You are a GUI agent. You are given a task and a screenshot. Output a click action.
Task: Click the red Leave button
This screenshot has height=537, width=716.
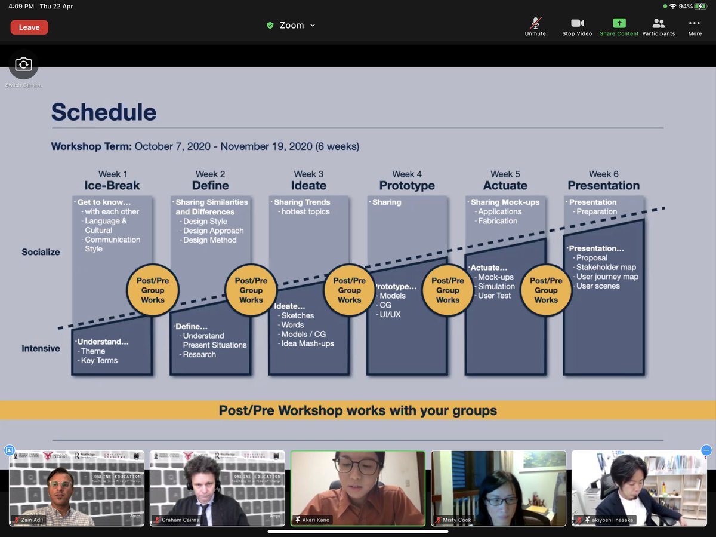29,27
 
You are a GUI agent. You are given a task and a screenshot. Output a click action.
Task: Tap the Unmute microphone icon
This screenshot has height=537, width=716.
535,23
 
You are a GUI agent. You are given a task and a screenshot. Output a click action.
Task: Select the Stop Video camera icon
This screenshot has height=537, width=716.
577,23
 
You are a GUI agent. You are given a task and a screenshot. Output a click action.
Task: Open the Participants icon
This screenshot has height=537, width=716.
658,23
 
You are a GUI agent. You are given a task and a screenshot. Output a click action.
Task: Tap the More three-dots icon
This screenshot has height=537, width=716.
695,23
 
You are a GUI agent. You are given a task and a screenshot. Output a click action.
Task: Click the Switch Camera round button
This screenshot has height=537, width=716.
23,65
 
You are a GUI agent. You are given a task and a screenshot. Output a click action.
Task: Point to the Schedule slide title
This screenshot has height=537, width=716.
104,112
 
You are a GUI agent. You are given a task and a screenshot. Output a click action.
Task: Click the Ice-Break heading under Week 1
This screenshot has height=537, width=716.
112,185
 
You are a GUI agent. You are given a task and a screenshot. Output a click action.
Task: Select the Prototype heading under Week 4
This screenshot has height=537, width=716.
407,185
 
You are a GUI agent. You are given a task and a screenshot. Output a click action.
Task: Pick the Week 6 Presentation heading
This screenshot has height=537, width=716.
603,185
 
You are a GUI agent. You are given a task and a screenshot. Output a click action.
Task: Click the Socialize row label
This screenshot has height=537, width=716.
41,252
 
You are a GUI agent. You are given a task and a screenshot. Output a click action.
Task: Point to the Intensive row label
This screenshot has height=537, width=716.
41,348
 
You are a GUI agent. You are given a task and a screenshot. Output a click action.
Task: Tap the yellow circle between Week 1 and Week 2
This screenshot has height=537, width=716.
153,290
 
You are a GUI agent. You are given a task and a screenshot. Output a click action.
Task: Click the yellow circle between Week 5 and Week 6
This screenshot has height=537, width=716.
546,290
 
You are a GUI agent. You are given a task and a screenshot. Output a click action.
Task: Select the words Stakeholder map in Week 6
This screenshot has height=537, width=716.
606,267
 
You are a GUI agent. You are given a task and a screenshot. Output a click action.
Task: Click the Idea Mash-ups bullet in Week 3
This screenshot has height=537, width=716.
307,343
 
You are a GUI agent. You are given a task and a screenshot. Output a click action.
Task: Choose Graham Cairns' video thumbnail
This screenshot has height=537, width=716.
217,488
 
